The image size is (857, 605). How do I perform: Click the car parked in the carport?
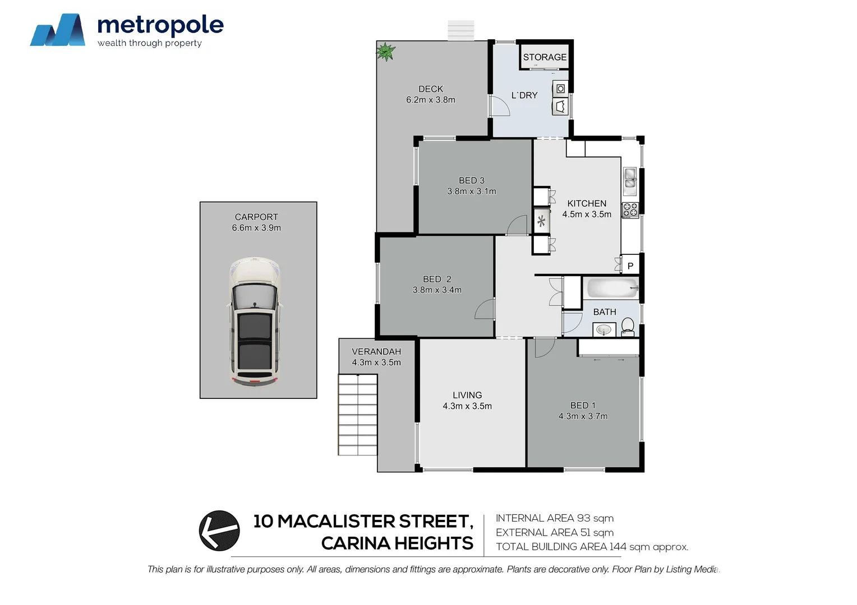254,322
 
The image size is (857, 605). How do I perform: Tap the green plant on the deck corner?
385,52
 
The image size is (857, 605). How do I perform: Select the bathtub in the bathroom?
612,290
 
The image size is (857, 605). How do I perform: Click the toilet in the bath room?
628,326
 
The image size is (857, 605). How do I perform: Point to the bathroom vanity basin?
604,331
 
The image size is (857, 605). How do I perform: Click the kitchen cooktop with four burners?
630,210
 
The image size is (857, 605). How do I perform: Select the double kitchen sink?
630,178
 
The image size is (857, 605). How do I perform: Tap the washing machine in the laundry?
560,89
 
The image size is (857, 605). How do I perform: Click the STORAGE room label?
545,57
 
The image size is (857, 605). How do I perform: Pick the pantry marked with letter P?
630,266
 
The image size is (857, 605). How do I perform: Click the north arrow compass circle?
219,530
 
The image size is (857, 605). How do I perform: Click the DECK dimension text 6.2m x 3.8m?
431,100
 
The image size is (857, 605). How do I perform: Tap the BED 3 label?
471,180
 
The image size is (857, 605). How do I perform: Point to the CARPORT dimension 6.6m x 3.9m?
256,227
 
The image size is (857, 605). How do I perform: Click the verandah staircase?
358,414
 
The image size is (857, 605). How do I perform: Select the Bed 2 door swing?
485,309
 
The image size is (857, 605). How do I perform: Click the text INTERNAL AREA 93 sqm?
554,518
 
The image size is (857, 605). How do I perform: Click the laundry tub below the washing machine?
560,106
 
